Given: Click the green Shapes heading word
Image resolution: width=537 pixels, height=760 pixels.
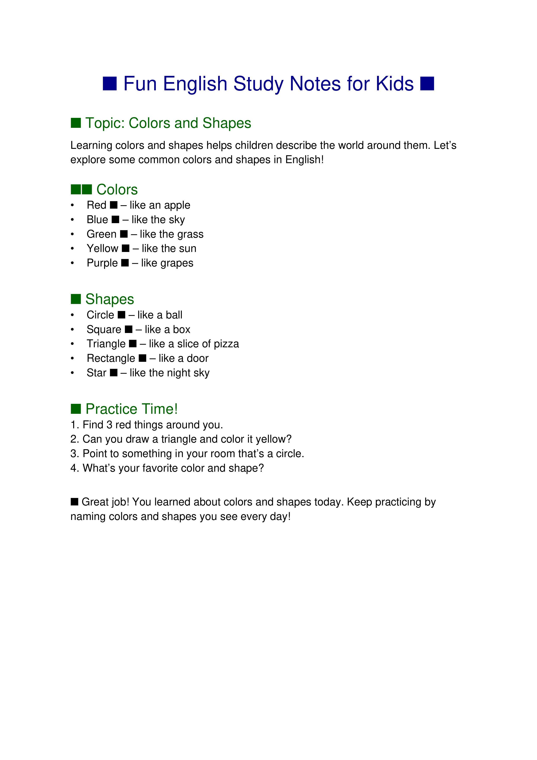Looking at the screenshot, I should coord(110,299).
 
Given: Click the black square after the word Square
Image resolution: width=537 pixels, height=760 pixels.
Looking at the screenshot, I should coord(129,329).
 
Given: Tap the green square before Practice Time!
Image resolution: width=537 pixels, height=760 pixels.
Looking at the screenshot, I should coord(76,409).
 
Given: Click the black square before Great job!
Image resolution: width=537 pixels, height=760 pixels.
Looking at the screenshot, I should coord(74,502).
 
